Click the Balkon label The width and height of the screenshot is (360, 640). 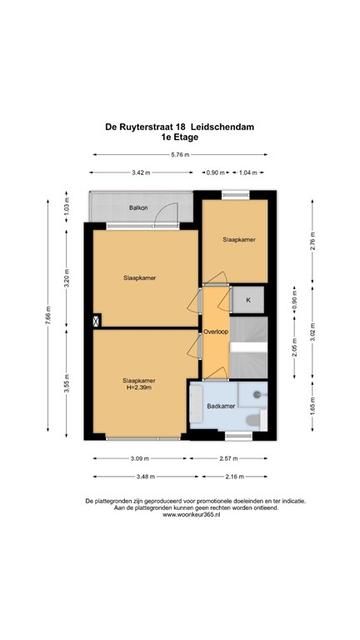click(138, 207)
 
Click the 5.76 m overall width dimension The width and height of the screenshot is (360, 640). click(180, 154)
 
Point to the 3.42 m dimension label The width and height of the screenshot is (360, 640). click(142, 172)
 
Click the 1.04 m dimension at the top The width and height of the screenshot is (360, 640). click(247, 172)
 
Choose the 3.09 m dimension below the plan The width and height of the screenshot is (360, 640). click(137, 458)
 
